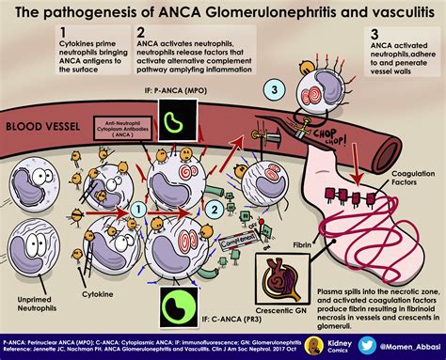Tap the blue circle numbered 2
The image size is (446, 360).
[x=214, y=182]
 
